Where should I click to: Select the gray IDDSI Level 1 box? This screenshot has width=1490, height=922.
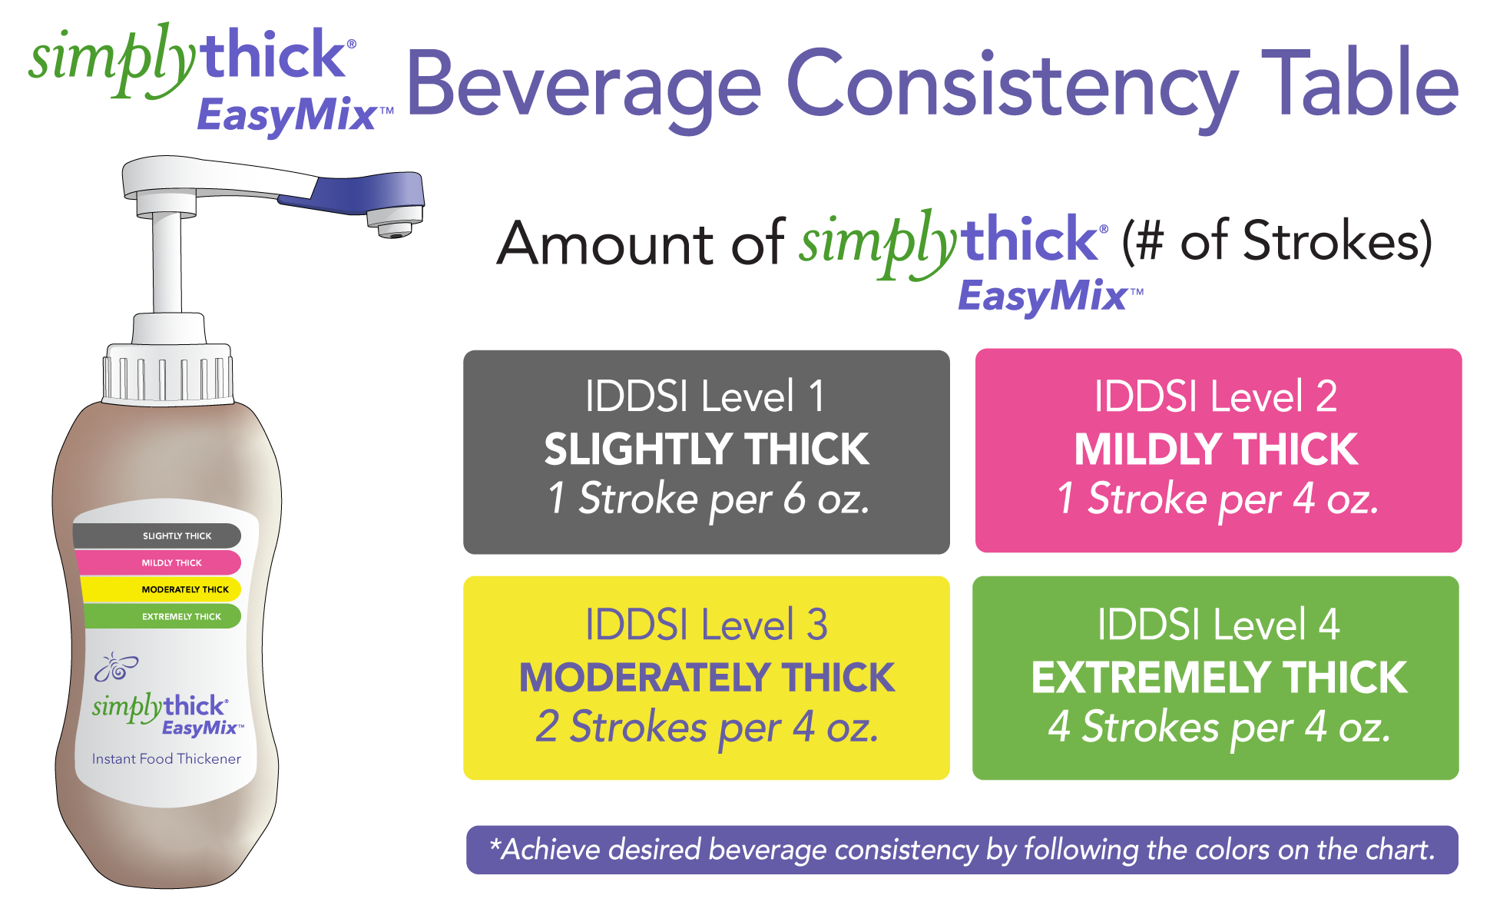tap(707, 452)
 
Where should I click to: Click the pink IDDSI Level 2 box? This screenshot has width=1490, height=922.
tap(1218, 450)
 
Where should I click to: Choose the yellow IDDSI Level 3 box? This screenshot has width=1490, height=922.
tap(707, 678)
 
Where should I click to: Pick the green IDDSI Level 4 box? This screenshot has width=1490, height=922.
tap(1216, 678)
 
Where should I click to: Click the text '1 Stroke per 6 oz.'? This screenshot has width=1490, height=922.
tap(708, 499)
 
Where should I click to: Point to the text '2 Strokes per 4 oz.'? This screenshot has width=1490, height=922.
tap(707, 727)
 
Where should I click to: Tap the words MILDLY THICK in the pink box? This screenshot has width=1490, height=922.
tap(1217, 449)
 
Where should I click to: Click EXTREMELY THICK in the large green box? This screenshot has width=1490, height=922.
tap(1219, 677)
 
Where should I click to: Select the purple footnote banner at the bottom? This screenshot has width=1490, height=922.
tap(962, 850)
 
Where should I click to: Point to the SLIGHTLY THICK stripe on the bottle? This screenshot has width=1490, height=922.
tap(157, 536)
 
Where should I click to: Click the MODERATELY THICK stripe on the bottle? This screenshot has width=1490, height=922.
tap(161, 589)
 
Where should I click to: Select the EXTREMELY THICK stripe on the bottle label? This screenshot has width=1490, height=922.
tap(163, 616)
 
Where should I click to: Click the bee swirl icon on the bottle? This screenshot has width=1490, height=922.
tap(115, 667)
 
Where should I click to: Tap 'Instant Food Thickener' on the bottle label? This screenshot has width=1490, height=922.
tap(167, 759)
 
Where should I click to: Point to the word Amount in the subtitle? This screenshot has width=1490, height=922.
tap(606, 243)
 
